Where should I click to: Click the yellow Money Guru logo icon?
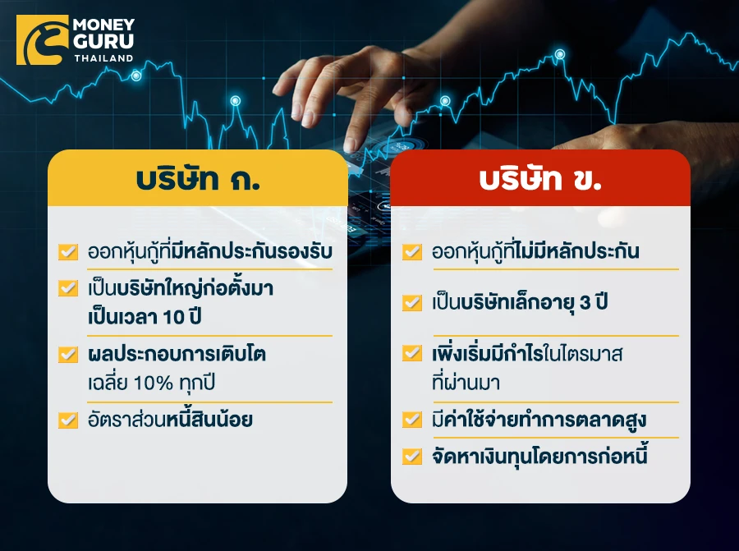(43, 40)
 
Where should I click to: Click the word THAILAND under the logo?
(103, 58)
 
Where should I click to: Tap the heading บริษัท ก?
(198, 179)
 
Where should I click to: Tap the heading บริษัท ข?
(540, 179)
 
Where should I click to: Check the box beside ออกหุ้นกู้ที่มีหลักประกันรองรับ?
(68, 252)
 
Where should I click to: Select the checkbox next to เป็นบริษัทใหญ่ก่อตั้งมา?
(68, 288)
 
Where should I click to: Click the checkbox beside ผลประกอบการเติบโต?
(68, 354)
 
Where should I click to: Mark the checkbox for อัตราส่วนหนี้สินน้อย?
(68, 420)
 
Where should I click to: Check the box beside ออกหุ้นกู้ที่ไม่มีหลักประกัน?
(412, 252)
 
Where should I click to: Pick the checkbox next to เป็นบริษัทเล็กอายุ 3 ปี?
(412, 303)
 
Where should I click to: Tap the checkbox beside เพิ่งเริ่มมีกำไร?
(412, 353)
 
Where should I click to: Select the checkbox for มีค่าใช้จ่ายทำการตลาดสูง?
(412, 419)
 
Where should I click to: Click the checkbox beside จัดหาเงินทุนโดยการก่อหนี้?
(412, 457)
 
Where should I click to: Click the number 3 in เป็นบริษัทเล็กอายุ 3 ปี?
(585, 303)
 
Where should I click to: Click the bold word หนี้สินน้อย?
(209, 419)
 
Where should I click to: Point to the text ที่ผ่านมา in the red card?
(466, 383)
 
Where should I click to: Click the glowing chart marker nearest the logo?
(136, 76)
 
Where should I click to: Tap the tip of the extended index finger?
(350, 145)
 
